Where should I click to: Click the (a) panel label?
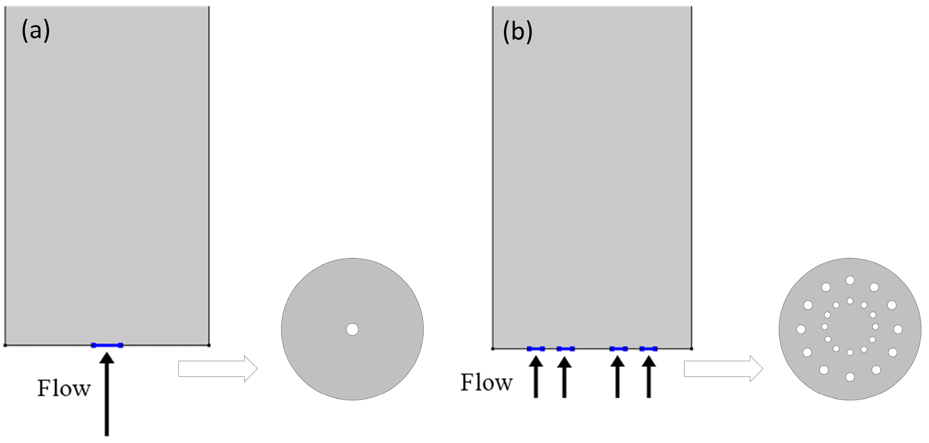click(36, 31)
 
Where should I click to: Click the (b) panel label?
click(517, 32)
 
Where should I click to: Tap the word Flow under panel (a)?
click(64, 389)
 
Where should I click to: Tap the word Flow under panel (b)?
click(487, 383)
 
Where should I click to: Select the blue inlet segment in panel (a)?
click(107, 345)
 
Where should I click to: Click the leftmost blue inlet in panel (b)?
click(536, 348)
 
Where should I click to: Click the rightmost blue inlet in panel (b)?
click(649, 348)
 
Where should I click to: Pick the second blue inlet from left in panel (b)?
click(565, 348)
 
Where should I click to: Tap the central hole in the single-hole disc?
click(352, 329)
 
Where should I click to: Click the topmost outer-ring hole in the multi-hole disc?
click(850, 280)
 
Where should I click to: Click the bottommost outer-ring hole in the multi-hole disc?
click(850, 377)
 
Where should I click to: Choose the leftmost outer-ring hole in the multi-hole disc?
click(801, 329)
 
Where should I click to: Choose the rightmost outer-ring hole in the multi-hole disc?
click(898, 329)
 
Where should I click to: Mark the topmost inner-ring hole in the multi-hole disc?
click(850, 301)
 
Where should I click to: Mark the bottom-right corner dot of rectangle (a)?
click(209, 345)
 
